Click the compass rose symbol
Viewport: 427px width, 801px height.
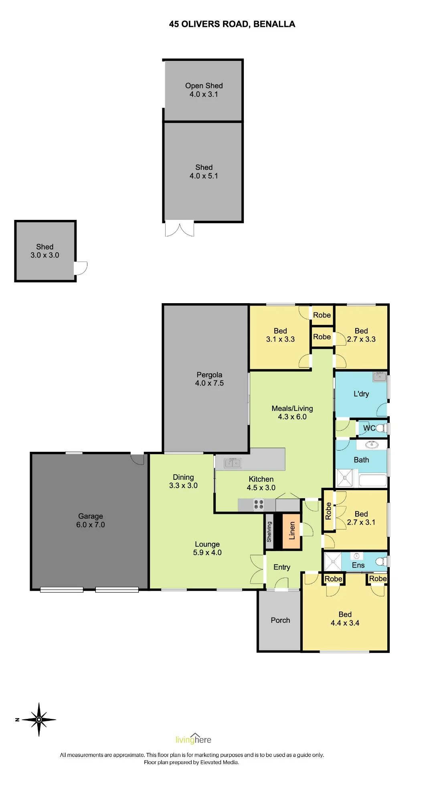click(39, 719)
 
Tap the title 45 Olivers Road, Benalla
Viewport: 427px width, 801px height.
click(232, 24)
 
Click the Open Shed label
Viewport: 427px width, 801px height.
click(204, 86)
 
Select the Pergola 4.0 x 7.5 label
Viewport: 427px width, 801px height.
click(209, 379)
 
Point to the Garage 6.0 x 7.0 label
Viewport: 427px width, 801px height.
click(91, 520)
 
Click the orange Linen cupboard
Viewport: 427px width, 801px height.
click(291, 531)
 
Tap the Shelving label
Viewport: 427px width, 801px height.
click(269, 531)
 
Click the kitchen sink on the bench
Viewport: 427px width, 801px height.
click(232, 463)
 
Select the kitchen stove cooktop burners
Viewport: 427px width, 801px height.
click(259, 504)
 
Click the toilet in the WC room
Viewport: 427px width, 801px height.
click(381, 428)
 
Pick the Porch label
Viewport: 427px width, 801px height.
click(280, 620)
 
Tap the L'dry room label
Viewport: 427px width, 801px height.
click(361, 394)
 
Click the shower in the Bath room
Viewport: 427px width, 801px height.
click(345, 478)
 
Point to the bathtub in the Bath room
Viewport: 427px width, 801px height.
click(373, 480)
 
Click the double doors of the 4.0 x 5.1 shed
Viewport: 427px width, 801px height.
click(180, 228)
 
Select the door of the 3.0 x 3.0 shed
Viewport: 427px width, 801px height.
click(81, 268)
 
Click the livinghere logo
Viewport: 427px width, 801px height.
click(193, 739)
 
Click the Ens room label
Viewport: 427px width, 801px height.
click(358, 565)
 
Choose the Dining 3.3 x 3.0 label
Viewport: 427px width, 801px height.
click(183, 481)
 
